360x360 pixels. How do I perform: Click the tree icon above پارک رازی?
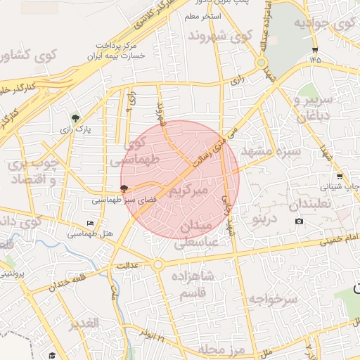tap(76, 117)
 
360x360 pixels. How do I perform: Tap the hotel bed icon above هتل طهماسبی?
tap(90, 224)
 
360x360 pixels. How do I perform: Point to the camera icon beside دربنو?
tap(300, 221)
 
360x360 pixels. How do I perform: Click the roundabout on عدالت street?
tap(157, 265)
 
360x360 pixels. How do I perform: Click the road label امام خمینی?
tap(340, 238)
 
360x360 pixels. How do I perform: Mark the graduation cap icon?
tap(52, 356)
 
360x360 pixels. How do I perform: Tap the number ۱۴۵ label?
tap(314, 60)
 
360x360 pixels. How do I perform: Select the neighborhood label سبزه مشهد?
tap(271, 151)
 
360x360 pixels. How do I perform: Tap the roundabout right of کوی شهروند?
tap(262, 63)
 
